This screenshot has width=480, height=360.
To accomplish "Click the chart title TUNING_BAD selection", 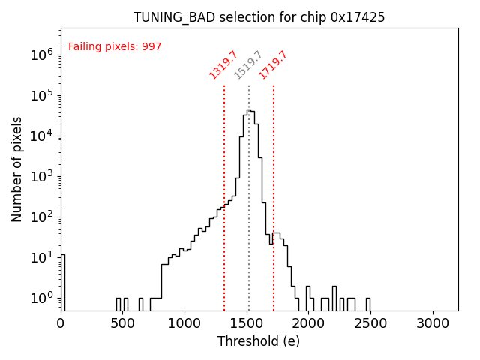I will point(259,17).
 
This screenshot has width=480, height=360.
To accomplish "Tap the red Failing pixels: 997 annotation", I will point(115,46).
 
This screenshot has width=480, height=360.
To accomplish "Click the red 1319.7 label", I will point(223,64).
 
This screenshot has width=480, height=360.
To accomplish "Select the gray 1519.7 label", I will point(248,64).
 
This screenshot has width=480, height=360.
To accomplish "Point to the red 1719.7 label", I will point(273,64).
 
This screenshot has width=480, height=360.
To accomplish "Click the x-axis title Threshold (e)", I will point(259,341).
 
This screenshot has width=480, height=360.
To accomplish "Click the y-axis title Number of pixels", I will point(16,169).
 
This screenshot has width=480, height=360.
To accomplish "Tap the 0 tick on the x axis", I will point(61,323).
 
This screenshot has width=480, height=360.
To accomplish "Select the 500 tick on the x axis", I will point(123,323).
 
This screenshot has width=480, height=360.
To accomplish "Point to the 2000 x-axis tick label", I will point(309,323).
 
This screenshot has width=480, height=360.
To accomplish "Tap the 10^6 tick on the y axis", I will point(41,55).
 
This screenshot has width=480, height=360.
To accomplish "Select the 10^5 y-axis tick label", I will point(41,95).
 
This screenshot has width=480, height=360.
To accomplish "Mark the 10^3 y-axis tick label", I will point(41,176).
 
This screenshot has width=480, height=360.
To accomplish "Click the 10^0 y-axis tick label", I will point(41,298).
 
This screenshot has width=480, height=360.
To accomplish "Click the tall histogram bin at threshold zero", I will point(63,282).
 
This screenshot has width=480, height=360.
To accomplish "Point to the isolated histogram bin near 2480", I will point(367,304).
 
